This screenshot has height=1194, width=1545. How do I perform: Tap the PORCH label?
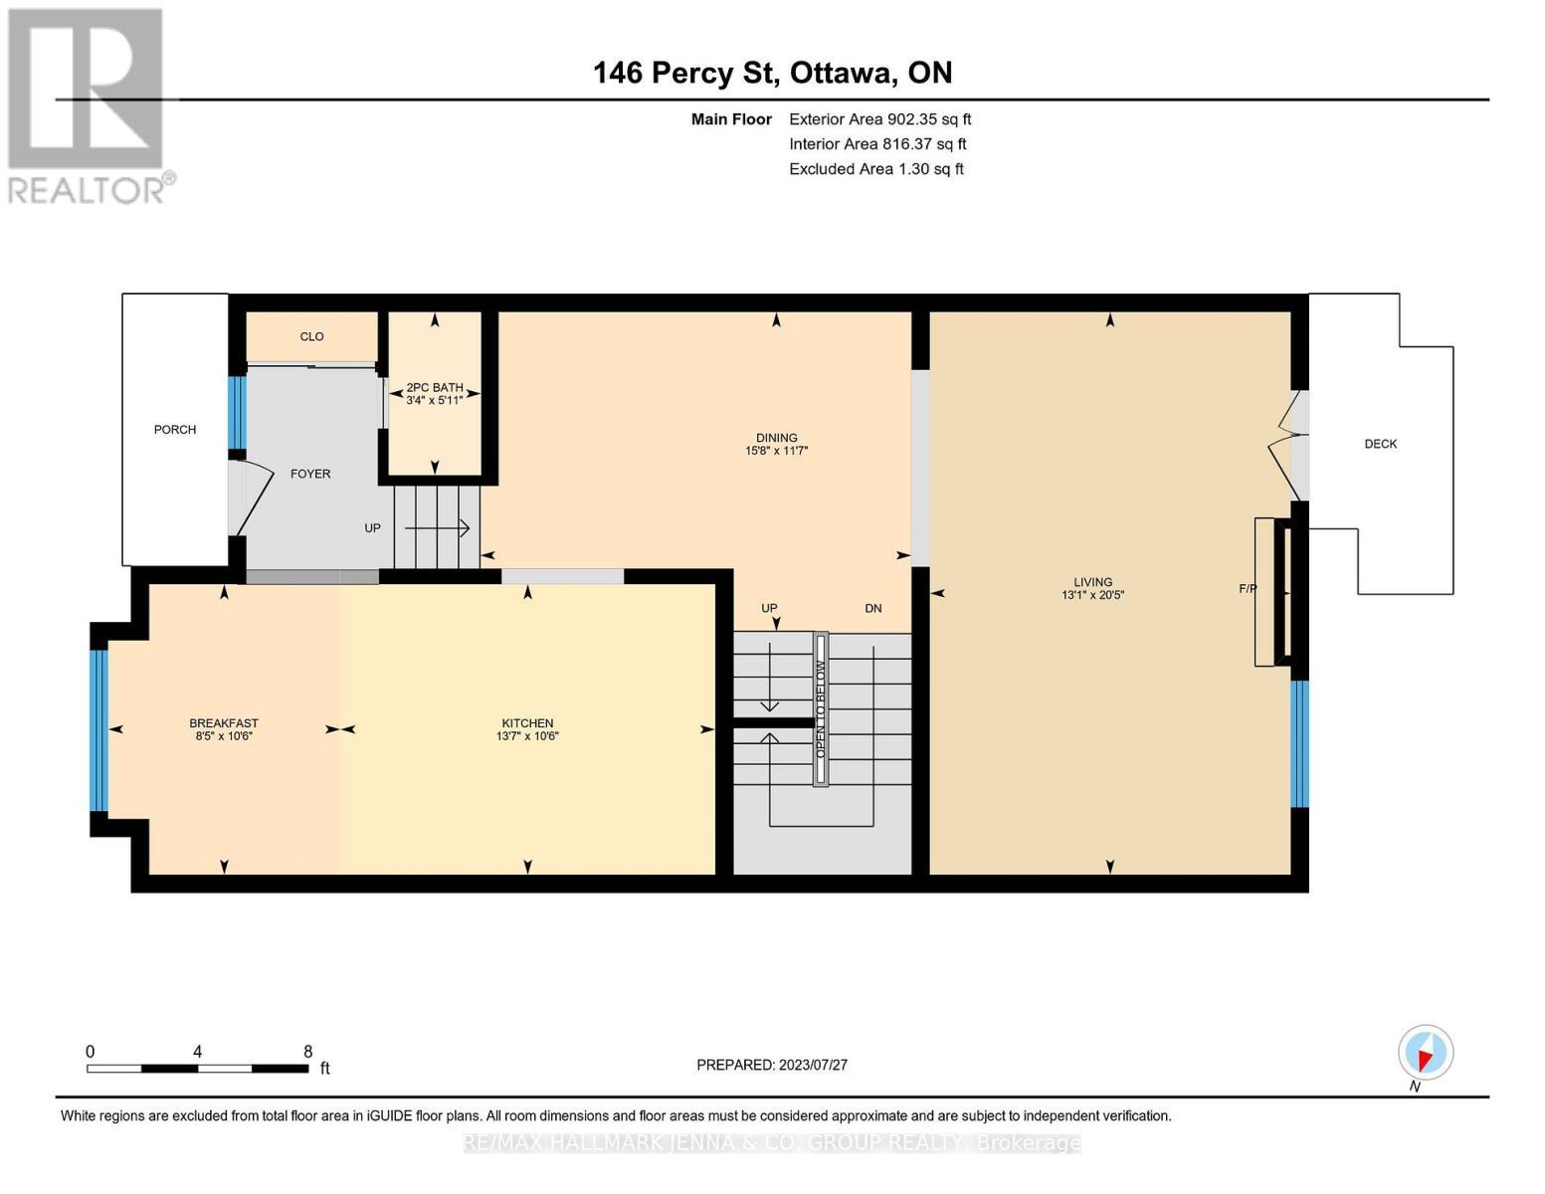[x=175, y=430]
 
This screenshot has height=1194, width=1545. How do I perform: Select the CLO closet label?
[x=311, y=336]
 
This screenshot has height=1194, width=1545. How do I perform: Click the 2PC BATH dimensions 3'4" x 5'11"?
[x=435, y=400]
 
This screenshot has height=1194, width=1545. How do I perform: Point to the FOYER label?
[x=310, y=474]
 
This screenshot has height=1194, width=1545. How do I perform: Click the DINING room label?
[x=776, y=438]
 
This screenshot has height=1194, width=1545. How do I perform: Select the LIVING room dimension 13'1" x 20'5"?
[x=1092, y=595]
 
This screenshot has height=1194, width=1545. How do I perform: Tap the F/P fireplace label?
[x=1248, y=588]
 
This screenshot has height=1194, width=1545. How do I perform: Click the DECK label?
[x=1380, y=444]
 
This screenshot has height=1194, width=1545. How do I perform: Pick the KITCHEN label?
[x=527, y=723]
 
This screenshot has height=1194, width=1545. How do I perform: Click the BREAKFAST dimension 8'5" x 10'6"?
[x=224, y=736]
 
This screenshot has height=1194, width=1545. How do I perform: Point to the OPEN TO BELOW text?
[x=821, y=709]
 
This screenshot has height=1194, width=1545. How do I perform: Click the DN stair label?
[x=872, y=608]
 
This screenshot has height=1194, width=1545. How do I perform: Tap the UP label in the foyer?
[x=372, y=528]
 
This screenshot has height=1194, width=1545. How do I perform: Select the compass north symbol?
[x=1426, y=1053]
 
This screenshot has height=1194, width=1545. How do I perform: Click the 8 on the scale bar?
[x=308, y=1052]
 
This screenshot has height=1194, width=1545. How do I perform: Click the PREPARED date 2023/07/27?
[x=771, y=1065]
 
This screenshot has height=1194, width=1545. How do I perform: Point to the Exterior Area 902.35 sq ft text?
[x=879, y=119]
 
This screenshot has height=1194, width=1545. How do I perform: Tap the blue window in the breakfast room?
[x=98, y=730]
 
